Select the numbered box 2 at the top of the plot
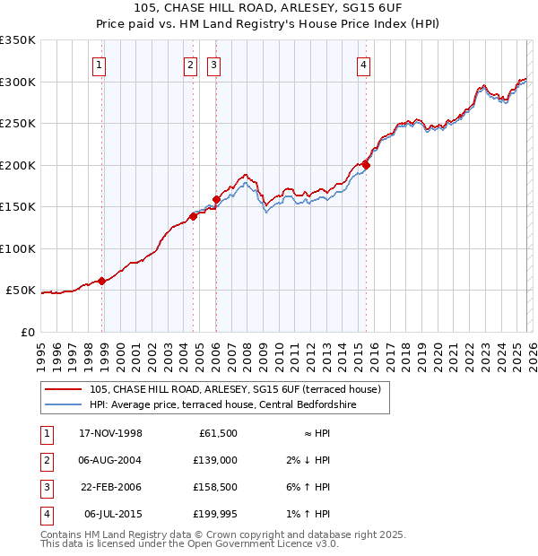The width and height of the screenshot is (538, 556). coord(191,64)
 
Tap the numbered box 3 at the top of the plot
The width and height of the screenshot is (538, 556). coord(214,64)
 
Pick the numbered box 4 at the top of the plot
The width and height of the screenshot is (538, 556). coord(363,64)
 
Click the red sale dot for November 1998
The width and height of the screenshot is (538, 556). coord(102,281)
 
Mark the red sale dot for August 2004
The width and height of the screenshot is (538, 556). coord(193,216)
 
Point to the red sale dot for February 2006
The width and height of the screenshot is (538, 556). coord(216,200)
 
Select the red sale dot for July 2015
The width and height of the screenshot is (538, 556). coord(366,165)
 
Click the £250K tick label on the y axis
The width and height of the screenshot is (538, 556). coord(17,124)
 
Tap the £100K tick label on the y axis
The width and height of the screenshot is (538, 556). coord(17,248)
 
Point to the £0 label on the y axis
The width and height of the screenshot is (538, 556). coord(27,333)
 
